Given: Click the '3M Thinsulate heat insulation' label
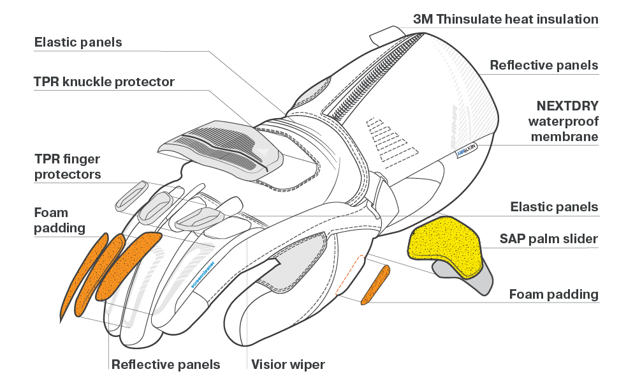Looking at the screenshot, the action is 506,19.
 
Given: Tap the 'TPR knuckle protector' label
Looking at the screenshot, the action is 104,82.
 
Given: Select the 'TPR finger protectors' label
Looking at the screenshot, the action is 68,167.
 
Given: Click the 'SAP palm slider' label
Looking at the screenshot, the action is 549,239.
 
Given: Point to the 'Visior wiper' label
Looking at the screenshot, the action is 288,364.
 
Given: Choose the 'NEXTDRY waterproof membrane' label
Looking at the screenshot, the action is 564,121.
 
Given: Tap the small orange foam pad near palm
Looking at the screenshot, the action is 375,285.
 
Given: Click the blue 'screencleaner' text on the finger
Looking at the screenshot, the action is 203,274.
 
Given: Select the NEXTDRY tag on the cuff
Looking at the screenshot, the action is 467,150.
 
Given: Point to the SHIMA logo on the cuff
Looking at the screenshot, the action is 454,126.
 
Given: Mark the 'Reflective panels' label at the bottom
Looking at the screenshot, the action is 166,364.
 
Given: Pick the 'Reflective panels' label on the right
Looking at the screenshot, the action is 544,65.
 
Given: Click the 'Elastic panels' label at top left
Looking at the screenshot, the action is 78,42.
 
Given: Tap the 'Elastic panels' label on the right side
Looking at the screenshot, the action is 554,207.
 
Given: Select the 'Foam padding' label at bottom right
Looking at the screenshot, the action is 554,294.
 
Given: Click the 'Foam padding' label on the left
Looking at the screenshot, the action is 60,220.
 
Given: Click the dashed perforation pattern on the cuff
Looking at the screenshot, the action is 391,142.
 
